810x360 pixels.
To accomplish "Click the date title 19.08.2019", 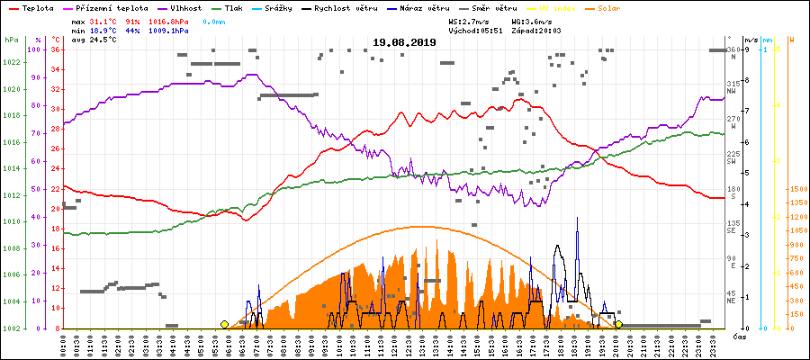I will (404, 42).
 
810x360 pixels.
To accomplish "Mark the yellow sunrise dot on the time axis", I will (224, 324).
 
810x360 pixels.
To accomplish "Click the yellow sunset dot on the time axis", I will (618, 324).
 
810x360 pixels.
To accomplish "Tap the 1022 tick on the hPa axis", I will (12, 62).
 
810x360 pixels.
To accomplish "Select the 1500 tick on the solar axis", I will (797, 190).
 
